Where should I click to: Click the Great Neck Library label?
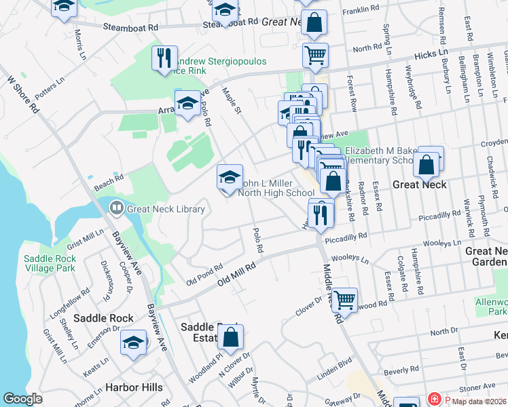click(x=165, y=209)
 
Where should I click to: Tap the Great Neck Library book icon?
click(x=116, y=208)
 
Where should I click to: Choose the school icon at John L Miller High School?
click(x=230, y=177)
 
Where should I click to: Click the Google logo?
click(x=22, y=399)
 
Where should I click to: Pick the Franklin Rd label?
click(x=361, y=9)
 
